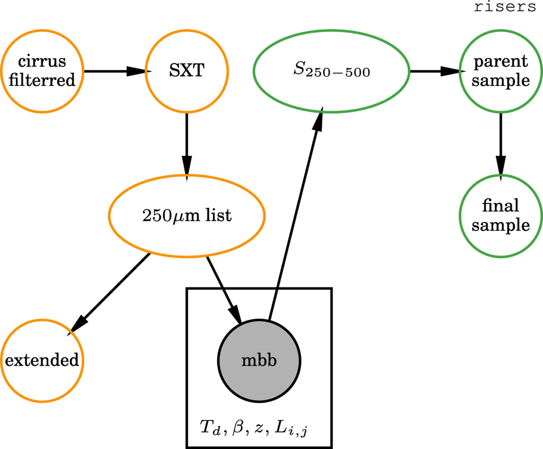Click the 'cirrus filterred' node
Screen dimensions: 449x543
[x=43, y=72]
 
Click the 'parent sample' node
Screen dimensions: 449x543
[x=500, y=72]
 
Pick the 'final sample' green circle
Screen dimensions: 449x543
[x=500, y=216]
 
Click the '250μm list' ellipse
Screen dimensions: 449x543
[x=186, y=216]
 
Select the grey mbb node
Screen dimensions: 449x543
[x=259, y=361]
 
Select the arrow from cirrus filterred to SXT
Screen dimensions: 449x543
[x=115, y=72]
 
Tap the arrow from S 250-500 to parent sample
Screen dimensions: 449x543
[x=434, y=72]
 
